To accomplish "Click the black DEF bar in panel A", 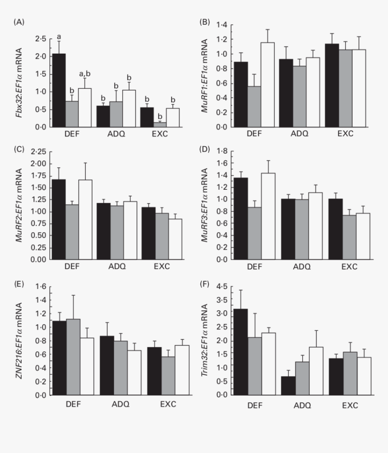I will click(59, 90).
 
